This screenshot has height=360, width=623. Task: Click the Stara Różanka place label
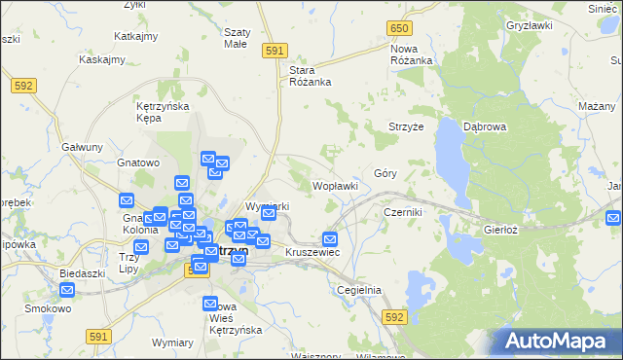(311, 76)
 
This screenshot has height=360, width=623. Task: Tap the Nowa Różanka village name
(411, 54)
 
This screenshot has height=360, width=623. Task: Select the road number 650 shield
(399, 30)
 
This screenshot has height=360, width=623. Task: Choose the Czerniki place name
(402, 211)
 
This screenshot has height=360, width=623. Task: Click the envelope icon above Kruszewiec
(330, 238)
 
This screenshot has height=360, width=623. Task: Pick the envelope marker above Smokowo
(67, 290)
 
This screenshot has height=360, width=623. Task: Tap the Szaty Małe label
(237, 37)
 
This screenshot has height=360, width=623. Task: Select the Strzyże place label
(405, 126)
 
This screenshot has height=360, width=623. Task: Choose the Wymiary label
(172, 342)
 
